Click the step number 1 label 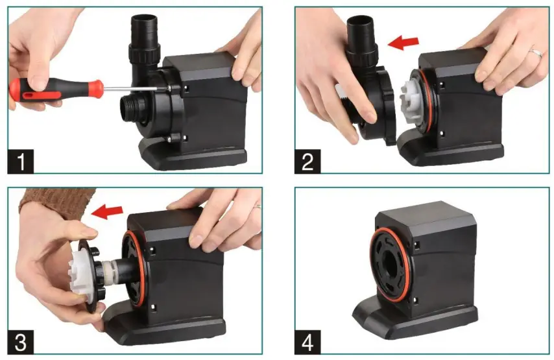(x=22, y=160)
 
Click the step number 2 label (x=308, y=160)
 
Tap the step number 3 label (x=22, y=339)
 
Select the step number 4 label (x=308, y=339)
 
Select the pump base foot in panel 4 (x=402, y=322)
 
